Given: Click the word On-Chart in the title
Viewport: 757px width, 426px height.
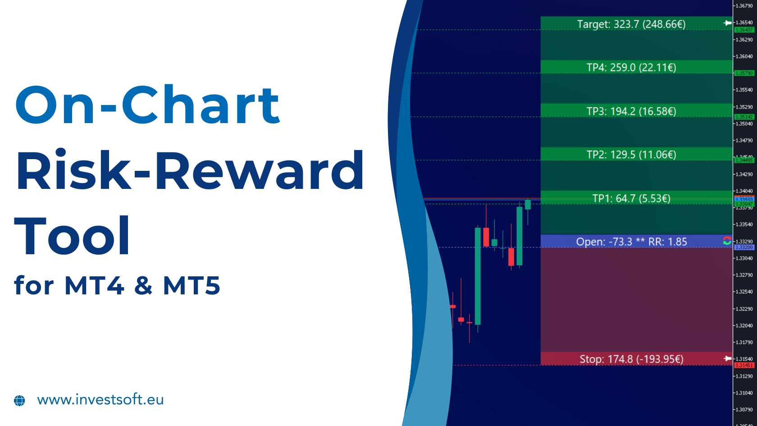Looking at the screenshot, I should pos(148,105).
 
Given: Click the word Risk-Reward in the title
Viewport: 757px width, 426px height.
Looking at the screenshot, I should pos(189,171).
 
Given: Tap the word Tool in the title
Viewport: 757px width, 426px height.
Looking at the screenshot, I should pos(72,236).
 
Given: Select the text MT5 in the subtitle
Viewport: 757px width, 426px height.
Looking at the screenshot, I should pos(192,285).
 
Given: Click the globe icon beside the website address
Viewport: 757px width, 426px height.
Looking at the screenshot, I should pos(19,400).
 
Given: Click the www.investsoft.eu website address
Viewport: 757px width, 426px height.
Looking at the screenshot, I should pos(100,400).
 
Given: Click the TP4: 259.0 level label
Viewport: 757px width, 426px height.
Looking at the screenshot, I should pos(631,68).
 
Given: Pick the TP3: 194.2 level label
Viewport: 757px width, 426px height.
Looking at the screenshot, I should pos(631,111).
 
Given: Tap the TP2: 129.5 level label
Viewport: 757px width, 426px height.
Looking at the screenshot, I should pos(631,155).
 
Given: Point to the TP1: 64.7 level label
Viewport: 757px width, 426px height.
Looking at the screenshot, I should pos(631,198).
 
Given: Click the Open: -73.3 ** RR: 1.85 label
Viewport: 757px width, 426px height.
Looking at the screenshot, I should pos(631,242).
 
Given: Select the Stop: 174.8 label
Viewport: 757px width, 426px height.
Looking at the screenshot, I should pos(631,359).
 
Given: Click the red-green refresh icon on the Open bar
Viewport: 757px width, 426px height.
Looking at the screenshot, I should pos(727,241).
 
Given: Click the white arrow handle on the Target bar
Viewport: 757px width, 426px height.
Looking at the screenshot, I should pos(727,23).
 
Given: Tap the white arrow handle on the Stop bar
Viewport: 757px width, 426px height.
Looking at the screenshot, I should pos(727,358).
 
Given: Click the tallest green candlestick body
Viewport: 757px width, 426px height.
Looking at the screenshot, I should pos(478,276).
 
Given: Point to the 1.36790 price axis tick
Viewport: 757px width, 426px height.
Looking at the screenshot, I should pos(744,6).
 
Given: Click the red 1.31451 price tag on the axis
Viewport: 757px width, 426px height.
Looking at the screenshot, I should pos(744,365).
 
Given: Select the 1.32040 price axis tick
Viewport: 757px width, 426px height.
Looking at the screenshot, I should pos(744,325).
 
